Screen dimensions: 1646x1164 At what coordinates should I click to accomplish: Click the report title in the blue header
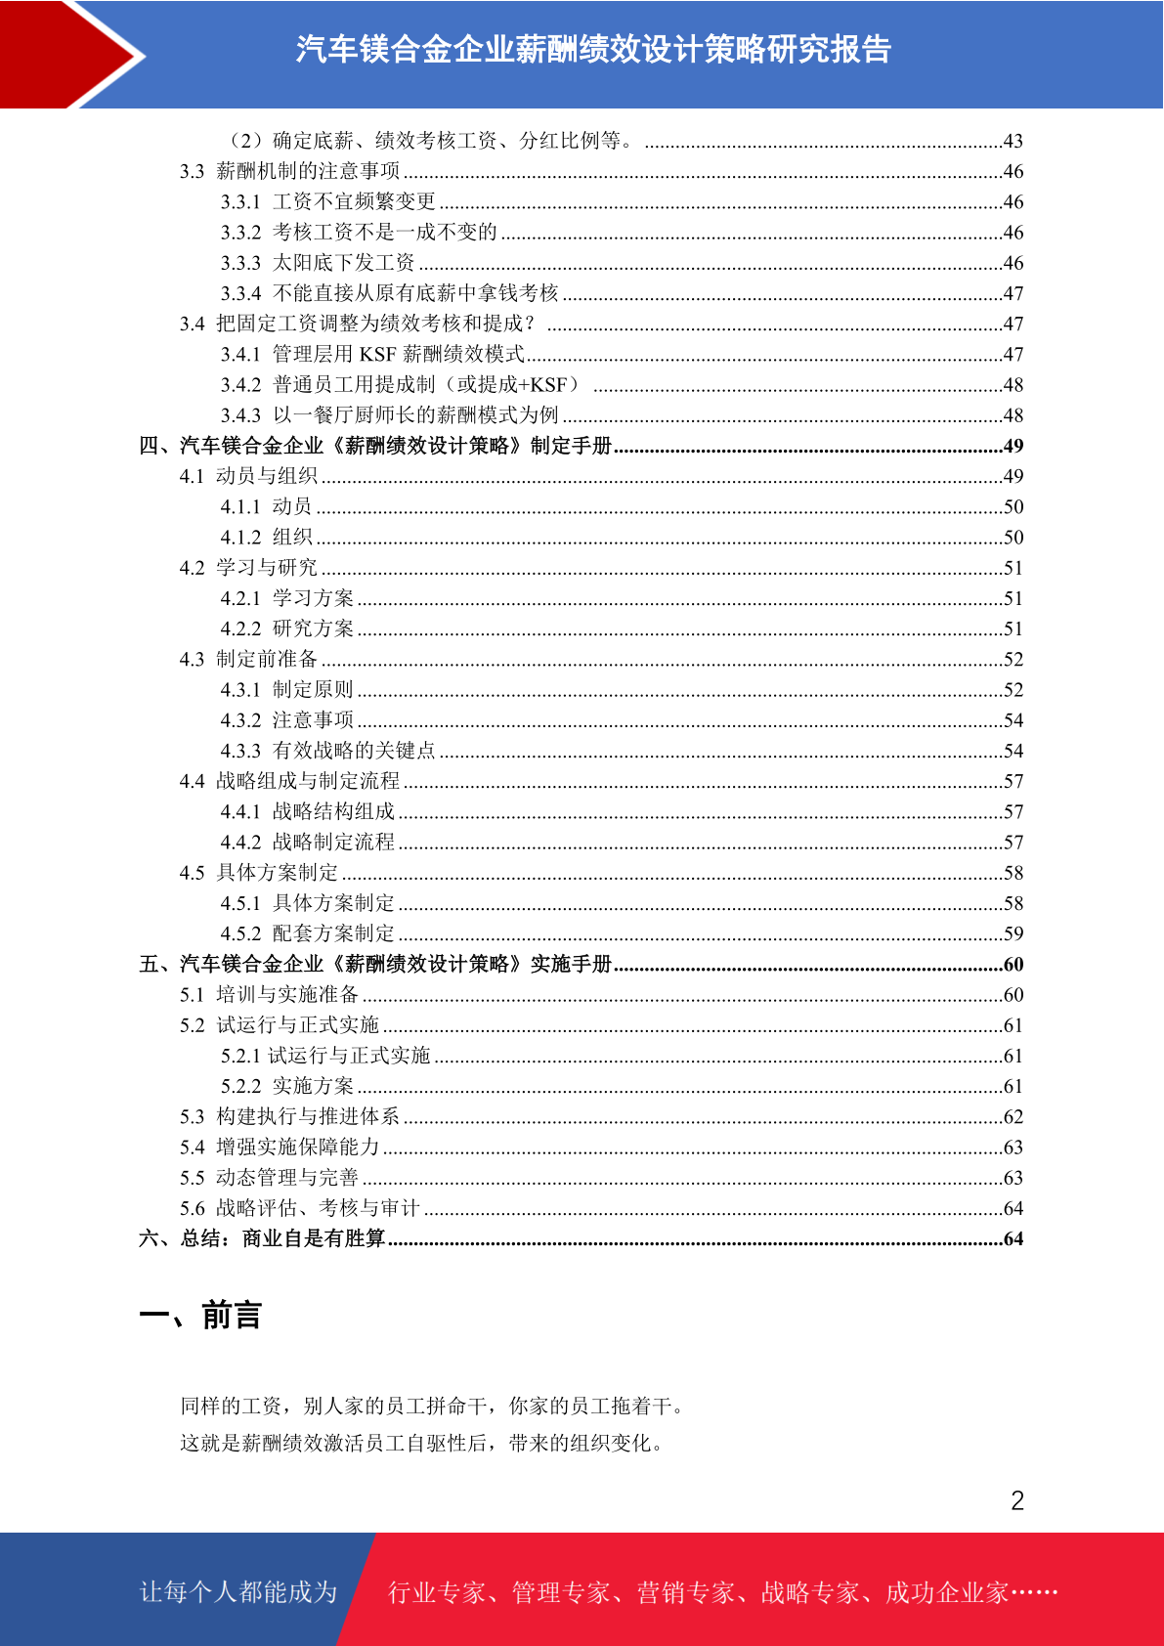click(x=593, y=49)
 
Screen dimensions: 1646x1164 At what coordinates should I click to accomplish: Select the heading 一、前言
click(x=200, y=1316)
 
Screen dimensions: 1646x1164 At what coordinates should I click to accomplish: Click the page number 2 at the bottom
click(x=1017, y=1500)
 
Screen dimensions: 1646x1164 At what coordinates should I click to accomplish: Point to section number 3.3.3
click(x=240, y=263)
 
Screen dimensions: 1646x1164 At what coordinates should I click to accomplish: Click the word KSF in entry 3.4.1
click(x=378, y=354)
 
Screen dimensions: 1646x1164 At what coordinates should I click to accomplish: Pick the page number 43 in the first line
click(x=1013, y=141)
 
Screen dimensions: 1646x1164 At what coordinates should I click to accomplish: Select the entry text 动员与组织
click(x=267, y=476)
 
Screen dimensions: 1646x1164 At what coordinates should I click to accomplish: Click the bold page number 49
click(x=1013, y=446)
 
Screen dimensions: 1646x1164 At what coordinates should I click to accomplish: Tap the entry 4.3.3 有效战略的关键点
click(x=327, y=751)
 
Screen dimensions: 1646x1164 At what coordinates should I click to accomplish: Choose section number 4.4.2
click(x=240, y=843)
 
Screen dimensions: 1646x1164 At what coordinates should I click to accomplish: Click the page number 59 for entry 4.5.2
click(x=1013, y=933)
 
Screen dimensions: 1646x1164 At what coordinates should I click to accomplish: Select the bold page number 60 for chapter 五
click(x=1013, y=965)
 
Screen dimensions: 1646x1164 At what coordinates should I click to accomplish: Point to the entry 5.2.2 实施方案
click(x=287, y=1086)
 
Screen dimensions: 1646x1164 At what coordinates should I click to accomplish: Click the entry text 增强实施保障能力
click(x=297, y=1147)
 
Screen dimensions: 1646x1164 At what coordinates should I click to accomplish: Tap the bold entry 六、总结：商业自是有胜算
click(x=262, y=1238)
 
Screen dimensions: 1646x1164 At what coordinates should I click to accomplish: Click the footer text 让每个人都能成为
click(x=238, y=1592)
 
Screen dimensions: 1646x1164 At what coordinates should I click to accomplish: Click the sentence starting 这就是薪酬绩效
click(x=422, y=1443)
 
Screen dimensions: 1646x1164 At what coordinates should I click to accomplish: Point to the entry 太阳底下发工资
click(x=344, y=263)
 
